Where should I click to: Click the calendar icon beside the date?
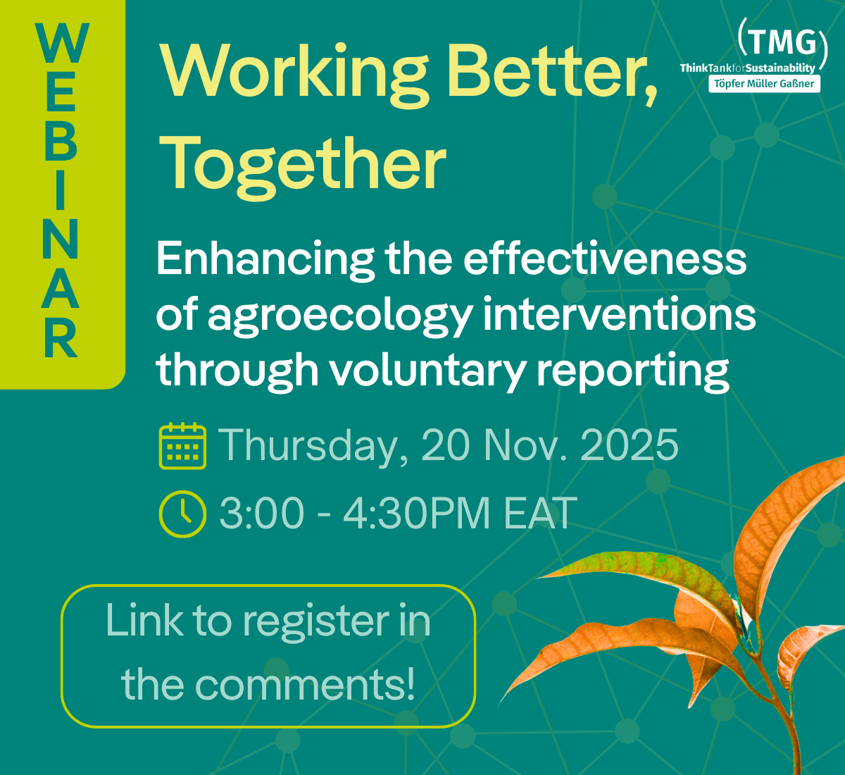pyautogui.click(x=183, y=446)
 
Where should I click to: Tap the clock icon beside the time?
pyautogui.click(x=183, y=513)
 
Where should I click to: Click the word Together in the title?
pyautogui.click(x=303, y=163)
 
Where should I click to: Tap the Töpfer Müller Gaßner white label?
pyautogui.click(x=764, y=84)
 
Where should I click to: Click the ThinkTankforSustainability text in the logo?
pyautogui.click(x=747, y=68)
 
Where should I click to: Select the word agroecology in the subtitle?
pyautogui.click(x=339, y=316)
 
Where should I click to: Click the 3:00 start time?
pyautogui.click(x=261, y=513)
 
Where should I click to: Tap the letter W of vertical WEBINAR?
pyautogui.click(x=62, y=44)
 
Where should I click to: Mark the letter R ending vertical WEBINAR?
pyautogui.click(x=61, y=338)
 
